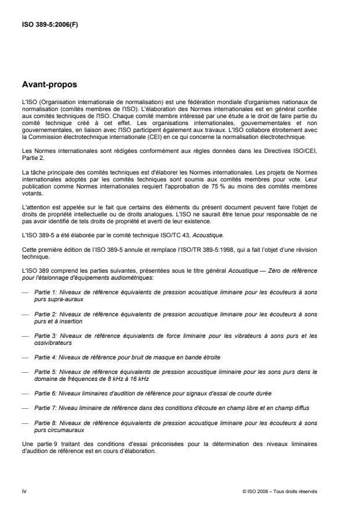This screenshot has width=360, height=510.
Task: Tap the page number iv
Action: [24, 491]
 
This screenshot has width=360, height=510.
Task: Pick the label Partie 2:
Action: [46, 314]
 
